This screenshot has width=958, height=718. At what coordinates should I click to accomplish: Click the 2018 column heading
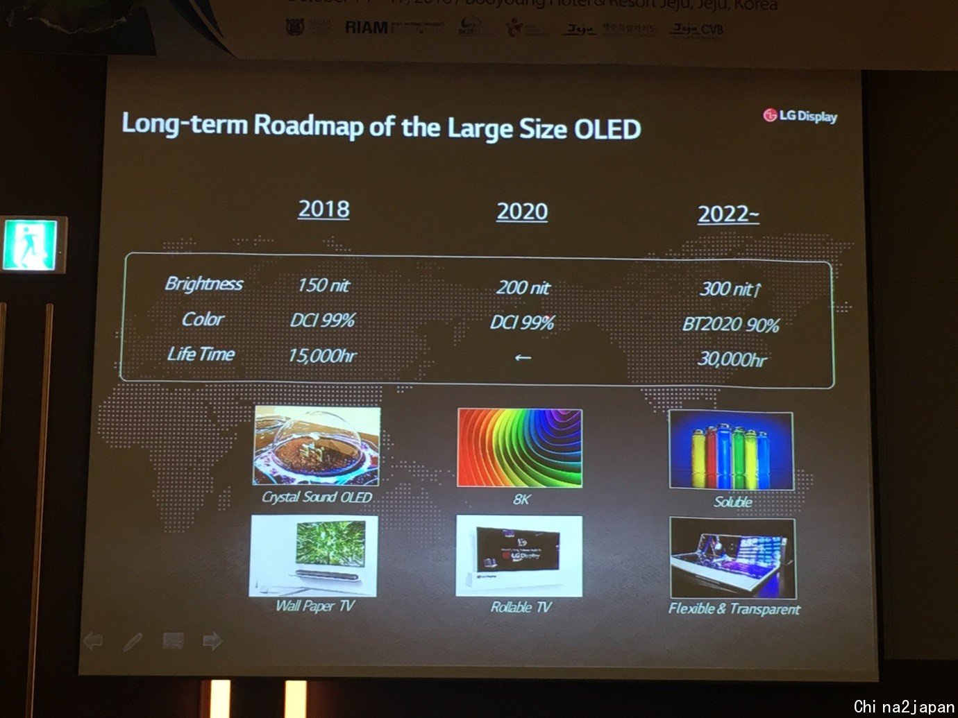323,209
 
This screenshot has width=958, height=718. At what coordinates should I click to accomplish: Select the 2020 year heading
522,212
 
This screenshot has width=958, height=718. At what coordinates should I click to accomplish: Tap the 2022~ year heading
728,214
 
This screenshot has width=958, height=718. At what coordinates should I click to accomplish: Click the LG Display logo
800,116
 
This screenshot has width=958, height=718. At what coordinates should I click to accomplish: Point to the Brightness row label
203,284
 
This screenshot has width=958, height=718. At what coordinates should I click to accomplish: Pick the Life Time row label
201,354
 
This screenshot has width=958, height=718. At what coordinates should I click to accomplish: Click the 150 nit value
323,285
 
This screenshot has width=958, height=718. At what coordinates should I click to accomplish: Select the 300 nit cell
730,289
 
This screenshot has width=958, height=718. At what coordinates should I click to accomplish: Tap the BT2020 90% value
730,325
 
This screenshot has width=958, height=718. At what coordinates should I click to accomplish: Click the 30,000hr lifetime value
732,359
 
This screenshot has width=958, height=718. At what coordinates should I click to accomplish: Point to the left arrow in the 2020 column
523,358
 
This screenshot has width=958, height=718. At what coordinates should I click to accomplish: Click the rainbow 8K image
520,447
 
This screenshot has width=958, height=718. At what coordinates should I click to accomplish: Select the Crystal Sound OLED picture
317,445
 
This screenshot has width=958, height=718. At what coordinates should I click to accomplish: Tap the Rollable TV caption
521,607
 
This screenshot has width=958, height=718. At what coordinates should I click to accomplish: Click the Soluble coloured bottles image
730,450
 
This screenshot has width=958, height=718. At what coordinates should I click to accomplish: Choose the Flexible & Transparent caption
734,609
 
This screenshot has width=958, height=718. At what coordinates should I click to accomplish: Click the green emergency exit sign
31,245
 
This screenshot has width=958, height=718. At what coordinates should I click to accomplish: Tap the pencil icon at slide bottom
133,641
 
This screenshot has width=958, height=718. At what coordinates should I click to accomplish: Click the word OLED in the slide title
607,130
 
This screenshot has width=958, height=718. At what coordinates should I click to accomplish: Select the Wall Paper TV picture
313,556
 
